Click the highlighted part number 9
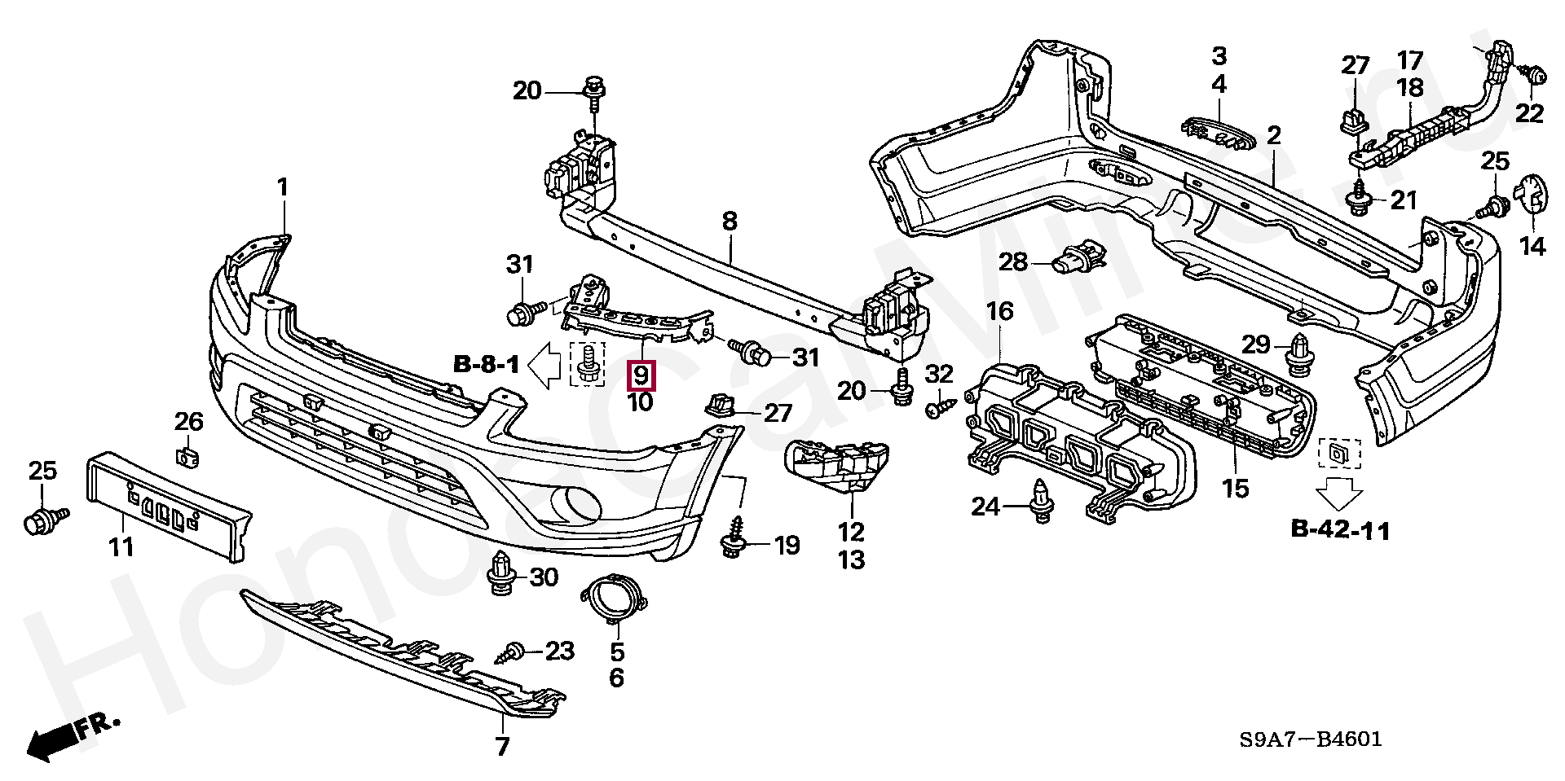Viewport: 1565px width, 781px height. pyautogui.click(x=641, y=375)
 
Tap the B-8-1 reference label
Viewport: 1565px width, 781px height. pyautogui.click(x=487, y=364)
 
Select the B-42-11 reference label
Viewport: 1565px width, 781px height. pyautogui.click(x=1340, y=530)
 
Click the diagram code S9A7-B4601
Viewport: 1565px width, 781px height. pyautogui.click(x=1311, y=739)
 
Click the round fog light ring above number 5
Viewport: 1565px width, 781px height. pyautogui.click(x=616, y=604)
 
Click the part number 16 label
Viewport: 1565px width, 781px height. pyautogui.click(x=1000, y=311)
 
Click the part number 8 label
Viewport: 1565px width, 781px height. pyautogui.click(x=730, y=221)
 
